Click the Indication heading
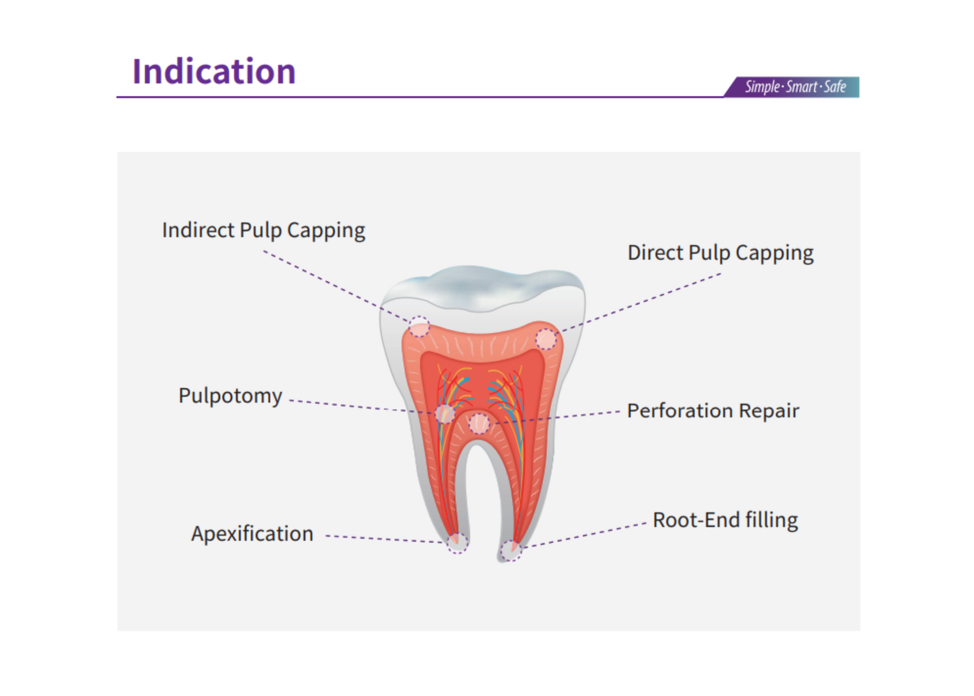pos(214,72)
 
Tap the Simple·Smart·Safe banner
pos(795,87)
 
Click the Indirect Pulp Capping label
pos(263,230)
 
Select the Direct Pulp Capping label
pos(720,253)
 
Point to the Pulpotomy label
pos(230,396)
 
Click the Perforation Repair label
pos(712,411)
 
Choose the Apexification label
pos(252,534)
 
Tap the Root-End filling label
pos(725,520)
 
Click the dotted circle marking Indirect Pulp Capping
pos(419,327)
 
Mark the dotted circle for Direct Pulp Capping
pos(546,339)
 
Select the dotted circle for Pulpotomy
pos(445,414)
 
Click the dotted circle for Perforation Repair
pos(479,423)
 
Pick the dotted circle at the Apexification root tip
pos(457,543)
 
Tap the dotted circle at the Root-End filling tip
pos(511,550)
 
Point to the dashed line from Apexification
pos(383,539)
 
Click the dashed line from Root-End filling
pos(586,534)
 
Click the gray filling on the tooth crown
pos(479,285)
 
